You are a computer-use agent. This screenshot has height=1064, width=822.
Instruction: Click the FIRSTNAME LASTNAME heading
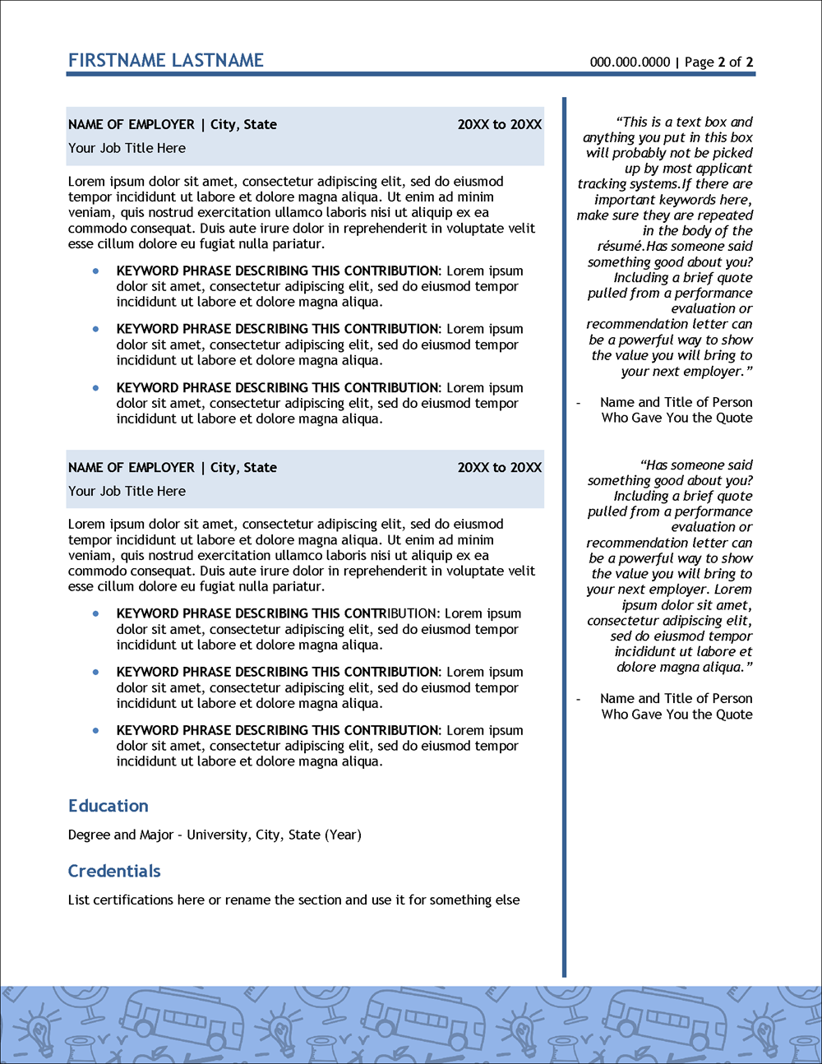[x=166, y=60]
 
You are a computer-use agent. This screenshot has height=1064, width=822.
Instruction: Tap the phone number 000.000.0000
[x=630, y=62]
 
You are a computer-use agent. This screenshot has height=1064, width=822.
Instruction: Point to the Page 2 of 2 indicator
[x=718, y=62]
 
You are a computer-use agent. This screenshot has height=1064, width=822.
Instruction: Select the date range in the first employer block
[x=499, y=124]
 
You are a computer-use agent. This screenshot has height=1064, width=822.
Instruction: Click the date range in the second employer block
[x=499, y=467]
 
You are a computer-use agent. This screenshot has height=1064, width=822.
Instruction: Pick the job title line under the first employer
[x=127, y=148]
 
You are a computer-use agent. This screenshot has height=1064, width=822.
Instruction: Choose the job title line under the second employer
[x=127, y=491]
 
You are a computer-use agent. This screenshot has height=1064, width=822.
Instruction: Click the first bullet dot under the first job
[x=96, y=271]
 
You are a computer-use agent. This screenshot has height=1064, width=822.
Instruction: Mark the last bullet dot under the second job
[x=96, y=730]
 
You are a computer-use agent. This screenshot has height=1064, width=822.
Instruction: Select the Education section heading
[x=109, y=806]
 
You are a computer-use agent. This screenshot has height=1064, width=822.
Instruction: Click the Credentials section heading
[x=114, y=871]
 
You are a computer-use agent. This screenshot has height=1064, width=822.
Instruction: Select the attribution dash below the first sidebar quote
[x=579, y=402]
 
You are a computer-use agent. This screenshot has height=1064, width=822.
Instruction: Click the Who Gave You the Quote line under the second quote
[x=677, y=714]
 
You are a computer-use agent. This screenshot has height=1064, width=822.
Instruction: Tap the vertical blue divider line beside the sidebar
[x=565, y=534]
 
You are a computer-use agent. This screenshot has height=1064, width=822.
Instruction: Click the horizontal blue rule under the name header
[x=411, y=74]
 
